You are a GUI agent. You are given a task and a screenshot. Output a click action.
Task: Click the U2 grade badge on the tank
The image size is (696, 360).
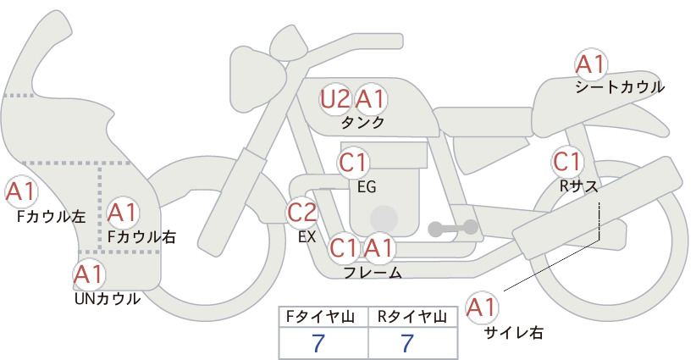[x=335, y=99]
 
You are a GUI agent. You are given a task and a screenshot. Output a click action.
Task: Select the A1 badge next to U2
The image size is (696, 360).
[x=371, y=99]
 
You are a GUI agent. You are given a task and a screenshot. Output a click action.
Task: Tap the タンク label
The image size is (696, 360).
[x=362, y=122]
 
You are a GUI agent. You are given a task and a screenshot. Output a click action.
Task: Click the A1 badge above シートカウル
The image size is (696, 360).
[x=591, y=65]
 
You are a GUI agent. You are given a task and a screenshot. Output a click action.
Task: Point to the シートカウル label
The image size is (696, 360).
[x=620, y=87]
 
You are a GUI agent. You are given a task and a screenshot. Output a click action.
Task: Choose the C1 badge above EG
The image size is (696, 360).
[x=353, y=163]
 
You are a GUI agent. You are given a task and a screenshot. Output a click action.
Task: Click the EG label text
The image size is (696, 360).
[x=367, y=187]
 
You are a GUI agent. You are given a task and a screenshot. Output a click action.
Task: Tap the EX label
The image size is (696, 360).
[x=307, y=237]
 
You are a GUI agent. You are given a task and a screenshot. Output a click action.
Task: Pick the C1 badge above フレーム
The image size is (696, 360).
[x=344, y=247]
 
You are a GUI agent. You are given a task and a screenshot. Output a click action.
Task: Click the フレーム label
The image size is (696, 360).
[x=373, y=273]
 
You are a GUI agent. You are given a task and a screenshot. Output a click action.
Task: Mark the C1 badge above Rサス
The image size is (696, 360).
[x=567, y=162]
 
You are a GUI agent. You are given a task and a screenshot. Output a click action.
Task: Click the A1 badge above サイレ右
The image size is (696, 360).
[x=482, y=308]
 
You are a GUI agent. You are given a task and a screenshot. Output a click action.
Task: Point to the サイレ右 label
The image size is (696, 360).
[x=514, y=332]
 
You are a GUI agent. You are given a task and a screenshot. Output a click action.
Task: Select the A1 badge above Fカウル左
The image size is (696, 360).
[x=21, y=192]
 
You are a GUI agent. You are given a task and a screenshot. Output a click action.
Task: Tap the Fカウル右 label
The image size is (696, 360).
[x=142, y=237]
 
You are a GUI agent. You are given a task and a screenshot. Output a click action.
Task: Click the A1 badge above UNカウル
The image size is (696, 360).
[x=89, y=275]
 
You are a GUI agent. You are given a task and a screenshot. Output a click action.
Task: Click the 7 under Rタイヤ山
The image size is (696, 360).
[x=407, y=343]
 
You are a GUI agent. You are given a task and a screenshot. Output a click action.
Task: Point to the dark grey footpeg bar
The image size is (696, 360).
[x=453, y=228]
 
